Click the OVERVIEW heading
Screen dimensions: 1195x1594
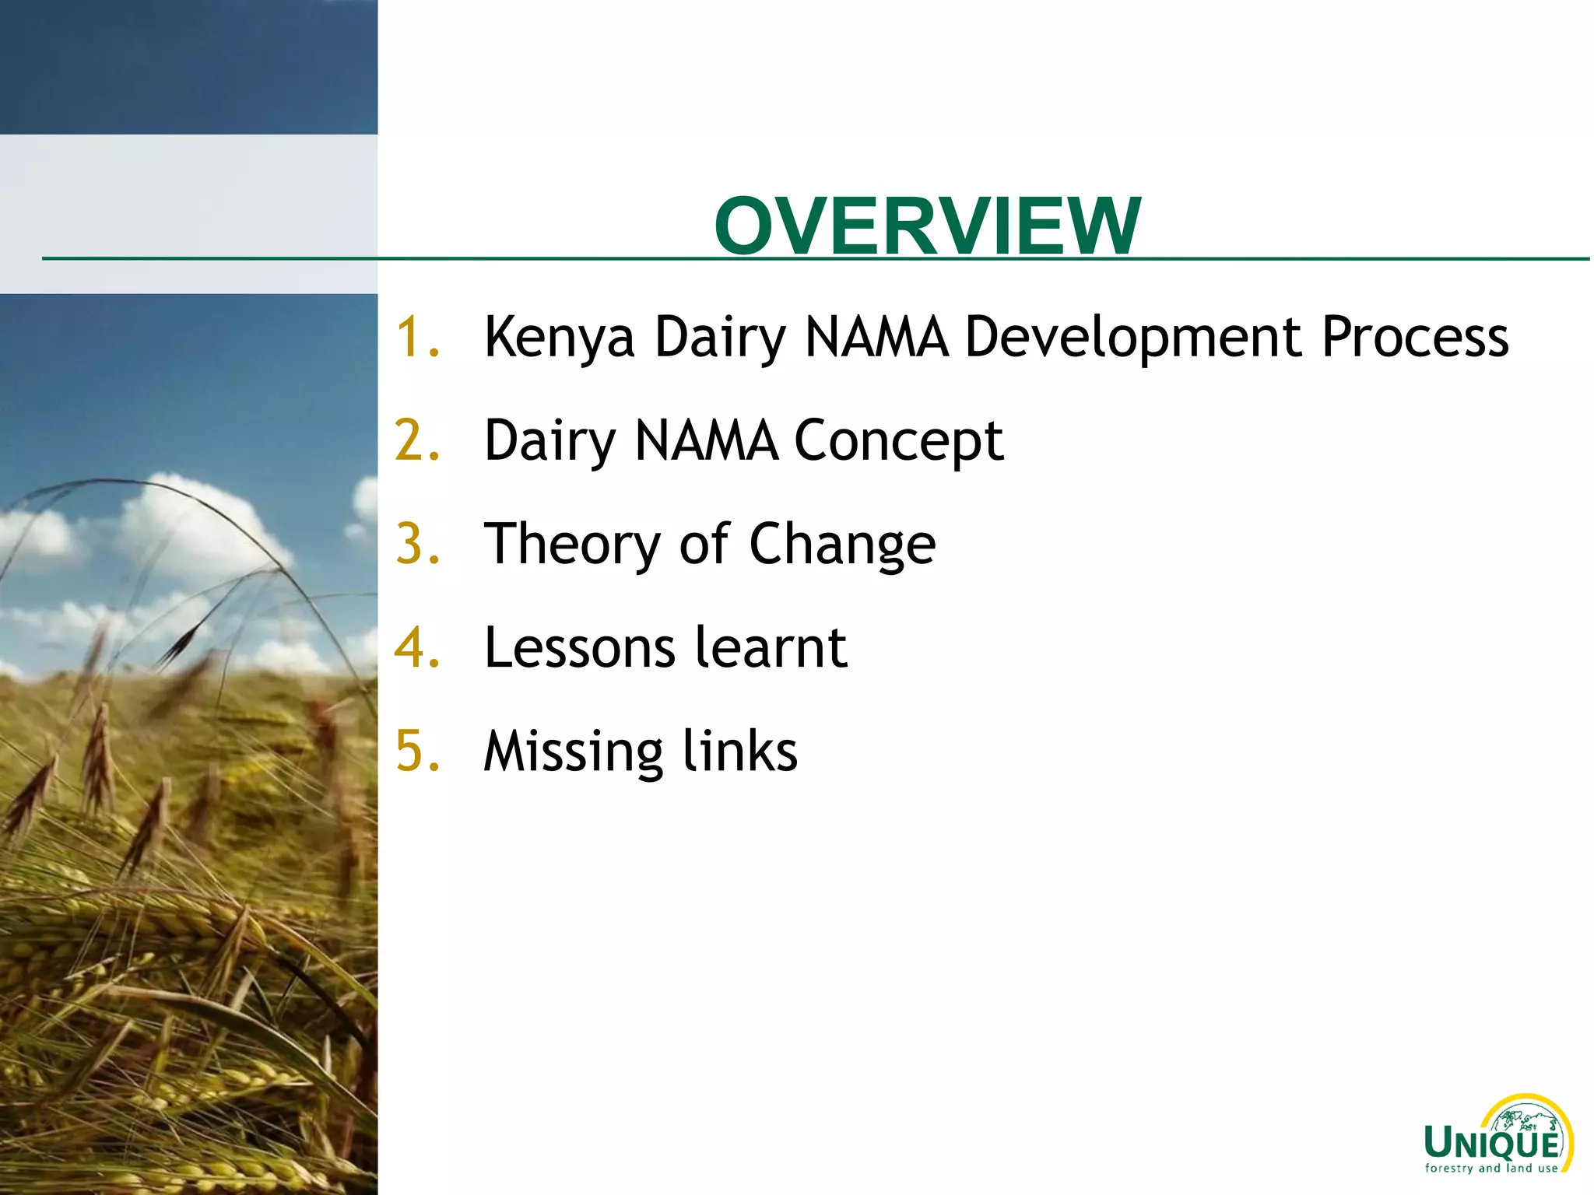(927, 226)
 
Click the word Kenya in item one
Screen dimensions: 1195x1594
(559, 338)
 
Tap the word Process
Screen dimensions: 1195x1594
(1415, 338)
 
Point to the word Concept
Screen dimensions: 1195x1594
(898, 441)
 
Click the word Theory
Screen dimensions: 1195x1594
(572, 544)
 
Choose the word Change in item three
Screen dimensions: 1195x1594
(842, 544)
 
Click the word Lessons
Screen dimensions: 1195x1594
(579, 647)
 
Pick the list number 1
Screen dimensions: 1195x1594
(416, 338)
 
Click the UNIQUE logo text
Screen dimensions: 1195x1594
(1492, 1144)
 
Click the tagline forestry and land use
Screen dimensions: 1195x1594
(1491, 1168)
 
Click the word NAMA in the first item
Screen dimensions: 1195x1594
(876, 338)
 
